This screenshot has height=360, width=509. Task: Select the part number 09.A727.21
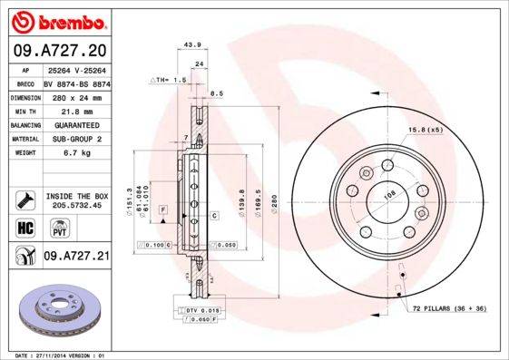76,258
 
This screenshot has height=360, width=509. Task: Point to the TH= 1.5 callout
170,80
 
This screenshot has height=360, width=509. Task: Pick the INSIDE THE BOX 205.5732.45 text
76,200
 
